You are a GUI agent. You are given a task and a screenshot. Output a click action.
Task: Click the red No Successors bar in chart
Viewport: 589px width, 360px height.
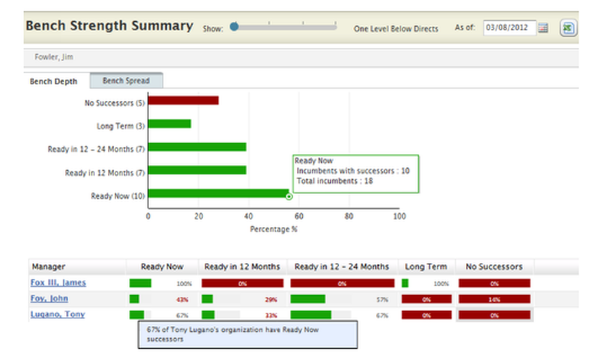click(183, 101)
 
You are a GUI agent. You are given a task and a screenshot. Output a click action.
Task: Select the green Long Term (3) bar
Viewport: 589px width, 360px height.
click(169, 124)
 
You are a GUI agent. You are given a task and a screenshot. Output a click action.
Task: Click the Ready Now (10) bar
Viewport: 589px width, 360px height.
click(218, 194)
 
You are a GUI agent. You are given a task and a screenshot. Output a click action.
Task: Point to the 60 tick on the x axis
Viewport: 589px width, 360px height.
click(299, 216)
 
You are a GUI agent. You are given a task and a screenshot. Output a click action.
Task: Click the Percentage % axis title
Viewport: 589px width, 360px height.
click(273, 229)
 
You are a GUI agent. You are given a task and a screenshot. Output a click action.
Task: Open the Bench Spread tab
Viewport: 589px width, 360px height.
click(126, 81)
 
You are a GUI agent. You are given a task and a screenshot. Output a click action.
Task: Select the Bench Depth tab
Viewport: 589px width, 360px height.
click(54, 81)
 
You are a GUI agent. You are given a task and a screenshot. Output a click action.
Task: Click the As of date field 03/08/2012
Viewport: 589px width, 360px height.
click(509, 28)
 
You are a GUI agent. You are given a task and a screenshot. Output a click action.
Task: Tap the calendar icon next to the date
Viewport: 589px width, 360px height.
click(543, 28)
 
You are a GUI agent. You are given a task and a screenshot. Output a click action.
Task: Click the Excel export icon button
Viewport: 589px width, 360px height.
click(568, 28)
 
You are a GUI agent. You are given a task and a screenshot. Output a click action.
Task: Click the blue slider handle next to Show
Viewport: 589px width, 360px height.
click(234, 26)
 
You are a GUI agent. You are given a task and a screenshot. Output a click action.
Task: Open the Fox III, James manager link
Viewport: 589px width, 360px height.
click(58, 283)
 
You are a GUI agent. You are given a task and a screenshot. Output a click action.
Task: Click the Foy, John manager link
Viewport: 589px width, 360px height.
click(49, 299)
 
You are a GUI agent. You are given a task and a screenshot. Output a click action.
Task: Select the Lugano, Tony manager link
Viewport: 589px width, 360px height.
click(57, 314)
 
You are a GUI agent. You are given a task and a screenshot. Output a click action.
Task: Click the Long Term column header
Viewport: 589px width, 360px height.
click(426, 267)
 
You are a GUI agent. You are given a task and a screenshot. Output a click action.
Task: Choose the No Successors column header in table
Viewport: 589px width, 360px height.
click(494, 267)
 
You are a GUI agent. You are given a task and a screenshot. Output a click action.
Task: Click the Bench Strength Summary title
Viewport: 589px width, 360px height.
click(110, 26)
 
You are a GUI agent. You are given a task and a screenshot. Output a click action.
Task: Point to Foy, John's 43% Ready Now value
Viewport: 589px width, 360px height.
click(182, 300)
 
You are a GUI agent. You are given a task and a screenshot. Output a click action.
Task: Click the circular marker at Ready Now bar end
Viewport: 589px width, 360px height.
click(289, 196)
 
